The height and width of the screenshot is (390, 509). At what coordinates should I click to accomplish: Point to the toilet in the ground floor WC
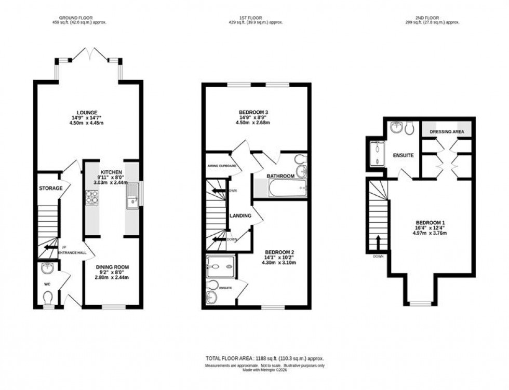pos(49,298)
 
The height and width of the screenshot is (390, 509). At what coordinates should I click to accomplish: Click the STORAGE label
pos(50,188)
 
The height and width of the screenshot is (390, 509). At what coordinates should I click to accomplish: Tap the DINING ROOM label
pos(112,267)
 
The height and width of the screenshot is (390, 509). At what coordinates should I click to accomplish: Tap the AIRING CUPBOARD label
pos(222,166)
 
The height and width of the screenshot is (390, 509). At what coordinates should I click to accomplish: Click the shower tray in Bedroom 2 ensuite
pos(220,267)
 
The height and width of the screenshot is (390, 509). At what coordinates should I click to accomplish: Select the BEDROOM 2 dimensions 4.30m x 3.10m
pos(278,263)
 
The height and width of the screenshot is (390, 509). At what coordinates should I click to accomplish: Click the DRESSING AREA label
pos(447,132)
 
